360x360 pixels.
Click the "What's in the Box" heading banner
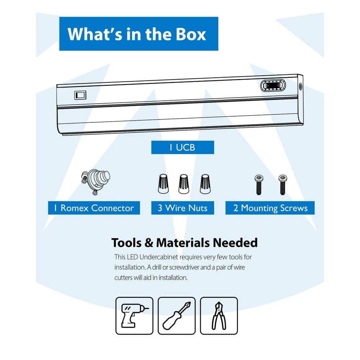139,34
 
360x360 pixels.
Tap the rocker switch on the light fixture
80,95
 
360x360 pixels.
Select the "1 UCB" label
182,147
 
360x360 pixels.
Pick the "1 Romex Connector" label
94,208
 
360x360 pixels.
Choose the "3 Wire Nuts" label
182,208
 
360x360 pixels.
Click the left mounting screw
258,184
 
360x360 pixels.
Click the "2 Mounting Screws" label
270,208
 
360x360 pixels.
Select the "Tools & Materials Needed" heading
184,243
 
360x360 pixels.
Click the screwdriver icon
176,316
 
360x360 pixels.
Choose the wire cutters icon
219,316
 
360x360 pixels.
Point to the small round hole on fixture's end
300,86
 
